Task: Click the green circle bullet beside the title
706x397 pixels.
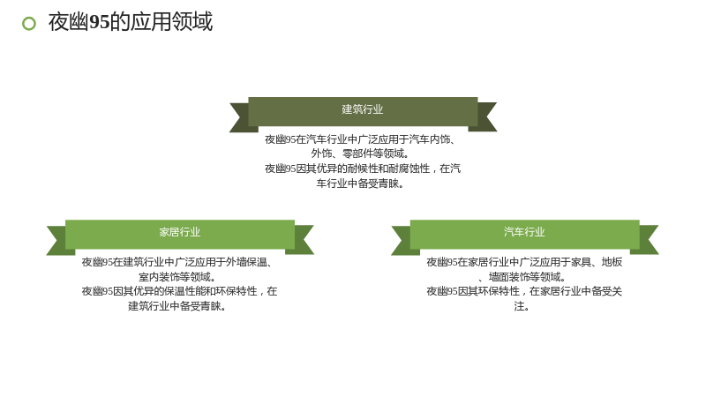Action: (x=29, y=24)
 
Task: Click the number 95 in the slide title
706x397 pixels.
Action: (x=100, y=22)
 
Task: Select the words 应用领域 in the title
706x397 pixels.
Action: (x=171, y=22)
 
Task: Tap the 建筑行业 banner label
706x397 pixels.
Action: (x=363, y=109)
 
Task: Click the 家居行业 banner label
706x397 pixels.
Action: (x=180, y=232)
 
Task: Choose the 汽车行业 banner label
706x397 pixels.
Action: (x=524, y=232)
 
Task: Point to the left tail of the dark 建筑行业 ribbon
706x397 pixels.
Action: (x=239, y=117)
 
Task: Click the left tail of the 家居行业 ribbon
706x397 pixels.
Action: (x=56, y=240)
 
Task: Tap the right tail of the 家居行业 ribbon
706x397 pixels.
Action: (x=304, y=240)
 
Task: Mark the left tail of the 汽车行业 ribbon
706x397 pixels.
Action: (x=402, y=240)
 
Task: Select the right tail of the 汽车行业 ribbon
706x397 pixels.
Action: (x=649, y=240)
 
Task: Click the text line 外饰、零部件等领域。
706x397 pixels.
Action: (x=360, y=154)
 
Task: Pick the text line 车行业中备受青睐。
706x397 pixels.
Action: (x=360, y=184)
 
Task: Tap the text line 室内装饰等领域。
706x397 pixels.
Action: (x=177, y=277)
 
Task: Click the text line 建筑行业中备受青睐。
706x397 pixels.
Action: (x=177, y=306)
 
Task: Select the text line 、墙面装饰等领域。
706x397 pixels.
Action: (x=522, y=277)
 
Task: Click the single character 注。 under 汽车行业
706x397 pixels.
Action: (x=522, y=306)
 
